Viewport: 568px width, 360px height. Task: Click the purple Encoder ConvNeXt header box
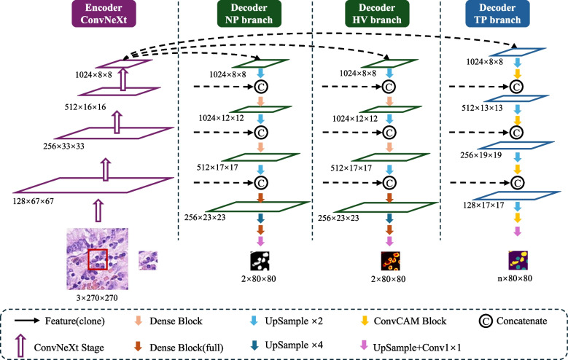104,14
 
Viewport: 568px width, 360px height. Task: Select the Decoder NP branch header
249,14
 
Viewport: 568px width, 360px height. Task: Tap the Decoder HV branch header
377,14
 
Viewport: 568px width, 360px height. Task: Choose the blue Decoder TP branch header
497,14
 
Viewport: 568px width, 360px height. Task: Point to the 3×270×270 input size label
97,298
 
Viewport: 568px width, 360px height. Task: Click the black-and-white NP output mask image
260,261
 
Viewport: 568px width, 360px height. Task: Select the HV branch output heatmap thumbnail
390,261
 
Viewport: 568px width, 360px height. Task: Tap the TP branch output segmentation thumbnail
518,260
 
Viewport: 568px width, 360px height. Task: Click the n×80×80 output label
515,278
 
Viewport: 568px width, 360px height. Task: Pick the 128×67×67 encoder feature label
34,201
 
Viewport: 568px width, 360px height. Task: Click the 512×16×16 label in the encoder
85,107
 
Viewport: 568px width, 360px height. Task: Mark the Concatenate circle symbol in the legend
486,321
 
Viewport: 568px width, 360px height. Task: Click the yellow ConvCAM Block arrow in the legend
365,321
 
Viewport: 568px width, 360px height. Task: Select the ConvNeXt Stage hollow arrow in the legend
21,346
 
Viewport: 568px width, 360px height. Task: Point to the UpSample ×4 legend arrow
254,345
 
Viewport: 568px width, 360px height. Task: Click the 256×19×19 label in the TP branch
481,155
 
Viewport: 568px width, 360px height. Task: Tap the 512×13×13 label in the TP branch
482,108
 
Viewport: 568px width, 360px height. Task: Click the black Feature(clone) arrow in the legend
28,321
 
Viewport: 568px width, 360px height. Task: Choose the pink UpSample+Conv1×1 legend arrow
364,345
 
